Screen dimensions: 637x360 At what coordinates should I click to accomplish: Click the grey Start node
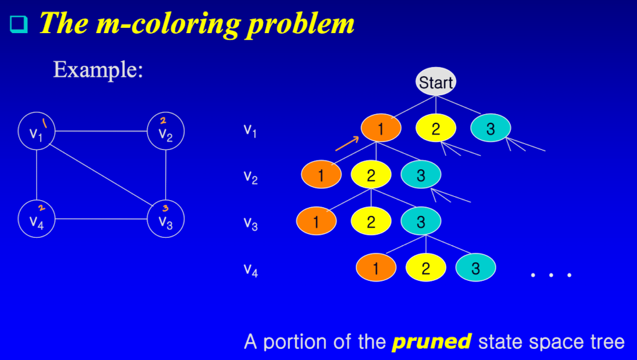(436, 83)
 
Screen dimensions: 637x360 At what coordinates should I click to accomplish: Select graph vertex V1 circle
(37, 132)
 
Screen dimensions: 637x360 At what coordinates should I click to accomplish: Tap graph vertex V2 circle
(166, 131)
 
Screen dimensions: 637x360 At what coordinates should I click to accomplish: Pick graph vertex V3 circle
(166, 220)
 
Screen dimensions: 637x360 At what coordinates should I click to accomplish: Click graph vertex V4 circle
(37, 220)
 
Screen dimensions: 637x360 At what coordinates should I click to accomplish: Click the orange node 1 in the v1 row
(381, 129)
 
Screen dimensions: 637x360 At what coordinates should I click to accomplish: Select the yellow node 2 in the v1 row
(435, 129)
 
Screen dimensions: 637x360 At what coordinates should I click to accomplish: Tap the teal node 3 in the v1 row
(490, 129)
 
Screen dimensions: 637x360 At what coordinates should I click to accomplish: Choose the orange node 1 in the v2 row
(321, 175)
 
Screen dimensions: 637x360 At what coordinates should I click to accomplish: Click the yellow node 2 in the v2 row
(371, 175)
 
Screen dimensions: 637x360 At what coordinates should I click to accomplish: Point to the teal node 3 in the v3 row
(421, 221)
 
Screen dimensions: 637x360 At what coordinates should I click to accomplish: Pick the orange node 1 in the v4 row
(375, 268)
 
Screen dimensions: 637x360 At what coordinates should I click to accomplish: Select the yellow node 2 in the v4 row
(425, 268)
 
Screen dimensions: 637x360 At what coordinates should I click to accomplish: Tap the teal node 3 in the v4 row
(475, 268)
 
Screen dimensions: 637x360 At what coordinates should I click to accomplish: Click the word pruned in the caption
(431, 341)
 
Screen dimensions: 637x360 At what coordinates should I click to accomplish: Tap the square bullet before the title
(19, 24)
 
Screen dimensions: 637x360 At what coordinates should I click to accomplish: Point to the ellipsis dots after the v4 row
(552, 274)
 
